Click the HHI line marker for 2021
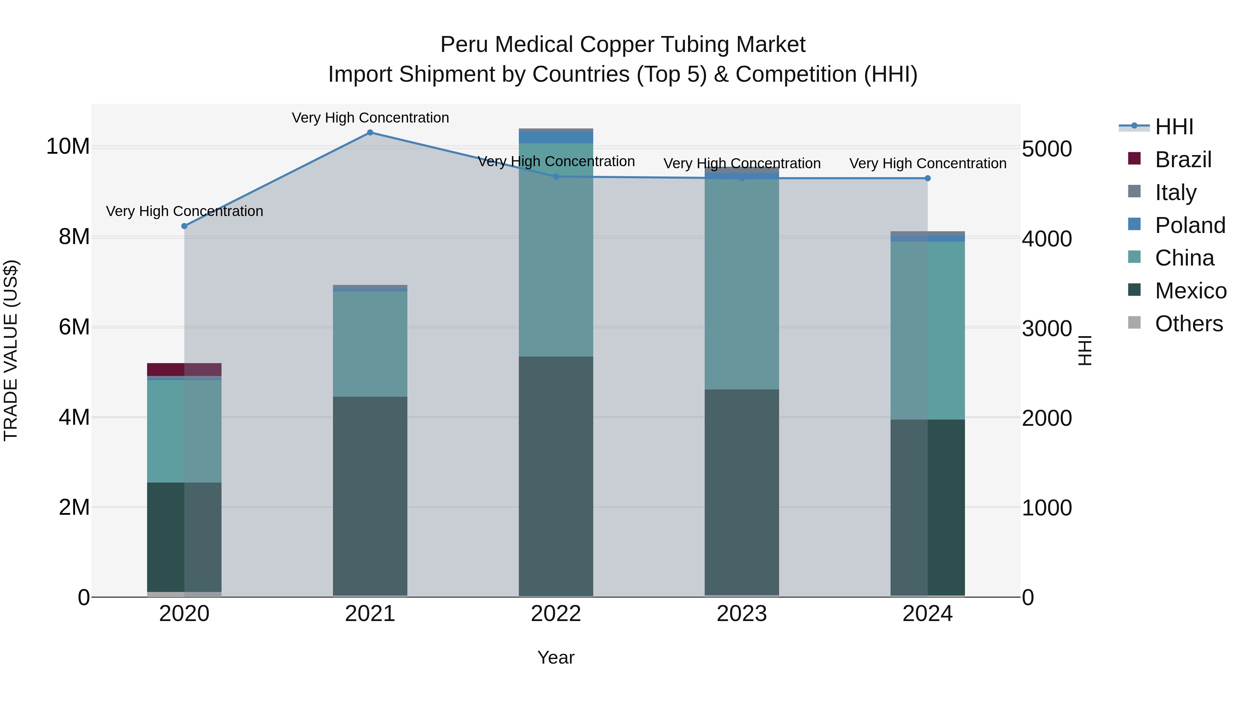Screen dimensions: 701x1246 (x=370, y=133)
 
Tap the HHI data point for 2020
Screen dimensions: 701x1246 (x=184, y=226)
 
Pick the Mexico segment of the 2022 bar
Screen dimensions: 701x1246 (x=556, y=477)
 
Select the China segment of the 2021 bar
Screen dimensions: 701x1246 (x=370, y=344)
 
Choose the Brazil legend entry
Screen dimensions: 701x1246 (x=1183, y=160)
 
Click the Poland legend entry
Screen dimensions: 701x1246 (x=1190, y=225)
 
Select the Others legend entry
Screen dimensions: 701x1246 (x=1189, y=324)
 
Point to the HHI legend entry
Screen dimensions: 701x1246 (x=1174, y=127)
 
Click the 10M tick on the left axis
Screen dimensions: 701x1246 (x=68, y=146)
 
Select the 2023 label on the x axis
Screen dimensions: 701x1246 (x=741, y=614)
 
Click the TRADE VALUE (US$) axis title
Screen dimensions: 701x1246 (x=11, y=350)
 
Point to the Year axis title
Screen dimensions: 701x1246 (x=556, y=657)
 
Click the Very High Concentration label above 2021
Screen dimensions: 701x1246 (x=370, y=118)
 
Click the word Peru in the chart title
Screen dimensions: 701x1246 (x=465, y=45)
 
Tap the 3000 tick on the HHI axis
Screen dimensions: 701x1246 (x=1047, y=329)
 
